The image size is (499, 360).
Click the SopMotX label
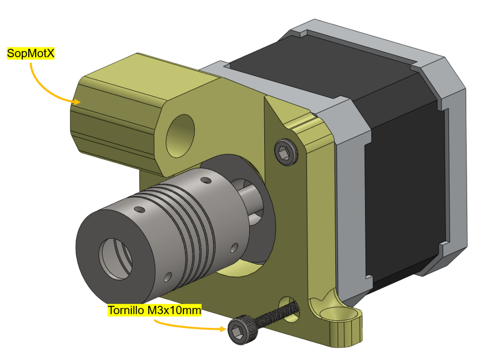pos(30,53)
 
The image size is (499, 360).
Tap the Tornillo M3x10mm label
pos(154,310)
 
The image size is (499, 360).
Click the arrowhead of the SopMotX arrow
pos(77,102)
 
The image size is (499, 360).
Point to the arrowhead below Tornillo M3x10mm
pos(223,329)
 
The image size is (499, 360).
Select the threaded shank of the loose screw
pos(277,314)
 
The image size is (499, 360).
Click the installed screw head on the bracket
pos(286,152)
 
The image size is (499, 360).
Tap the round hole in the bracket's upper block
pos(180,136)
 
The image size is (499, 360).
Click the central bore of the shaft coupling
pos(115,259)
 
